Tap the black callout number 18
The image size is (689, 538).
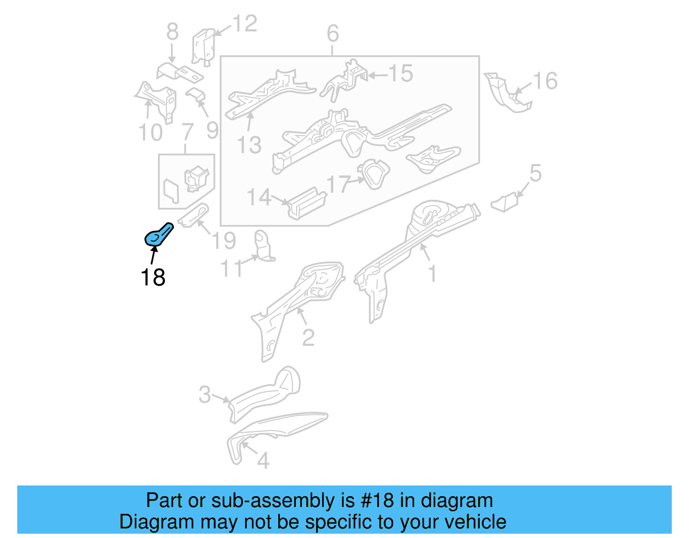click(x=153, y=277)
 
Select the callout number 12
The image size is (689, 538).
click(x=245, y=24)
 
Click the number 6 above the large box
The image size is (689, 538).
click(x=332, y=33)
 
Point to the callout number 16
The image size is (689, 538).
click(x=545, y=81)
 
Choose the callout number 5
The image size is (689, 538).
click(x=535, y=173)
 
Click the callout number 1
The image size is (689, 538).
click(x=432, y=274)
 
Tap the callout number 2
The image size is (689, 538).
click(x=308, y=338)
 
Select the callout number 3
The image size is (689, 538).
click(x=205, y=394)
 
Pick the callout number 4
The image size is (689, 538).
click(x=263, y=461)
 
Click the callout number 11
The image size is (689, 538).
click(x=232, y=269)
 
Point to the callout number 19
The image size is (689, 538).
click(x=224, y=240)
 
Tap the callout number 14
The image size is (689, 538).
click(x=259, y=198)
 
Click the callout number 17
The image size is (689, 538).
click(x=338, y=184)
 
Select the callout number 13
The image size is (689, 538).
click(x=249, y=145)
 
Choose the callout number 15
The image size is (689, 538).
click(x=401, y=74)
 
